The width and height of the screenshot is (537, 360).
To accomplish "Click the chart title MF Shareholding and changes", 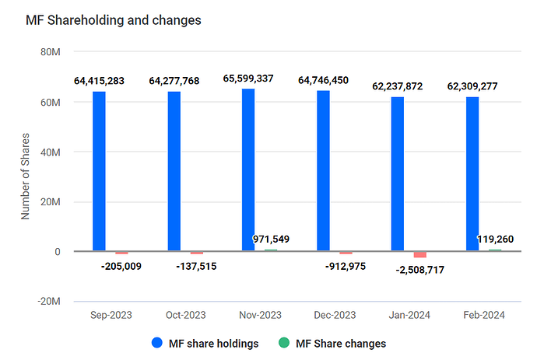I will (114, 20).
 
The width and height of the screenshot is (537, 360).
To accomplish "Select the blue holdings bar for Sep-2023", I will (99, 171).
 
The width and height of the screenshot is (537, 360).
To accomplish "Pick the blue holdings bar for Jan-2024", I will (398, 173).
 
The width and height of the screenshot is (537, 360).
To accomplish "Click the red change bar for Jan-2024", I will (419, 254).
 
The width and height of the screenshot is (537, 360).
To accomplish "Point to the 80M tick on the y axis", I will (51, 52).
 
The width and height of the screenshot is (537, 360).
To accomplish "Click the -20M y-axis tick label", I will (49, 302).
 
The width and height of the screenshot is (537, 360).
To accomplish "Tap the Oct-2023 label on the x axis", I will (185, 315).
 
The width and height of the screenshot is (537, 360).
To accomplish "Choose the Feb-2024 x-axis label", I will (483, 315).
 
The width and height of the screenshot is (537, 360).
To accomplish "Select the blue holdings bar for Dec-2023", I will (323, 170).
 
